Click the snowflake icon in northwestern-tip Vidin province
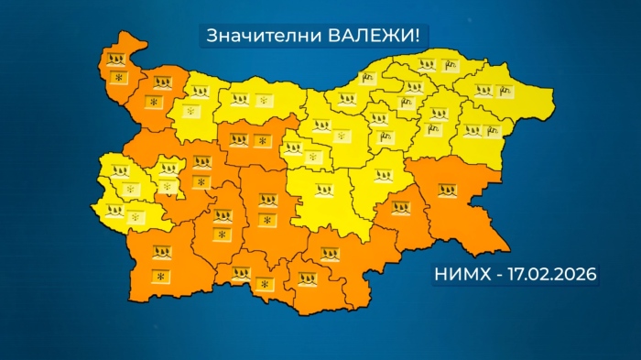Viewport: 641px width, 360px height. tap(118, 79)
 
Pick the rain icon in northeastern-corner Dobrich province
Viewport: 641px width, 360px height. tap(483, 91)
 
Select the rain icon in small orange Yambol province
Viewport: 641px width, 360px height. tap(401, 207)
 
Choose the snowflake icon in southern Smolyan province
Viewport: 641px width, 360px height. tap(264, 288)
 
